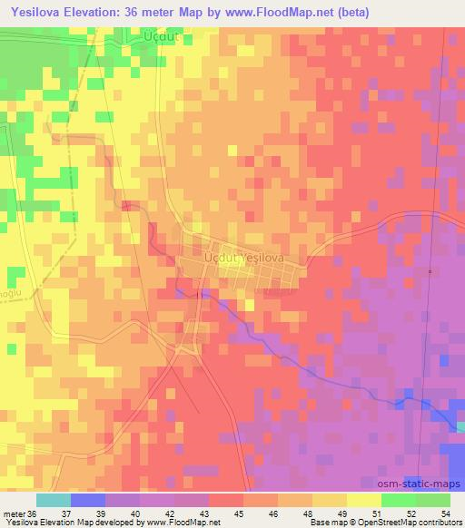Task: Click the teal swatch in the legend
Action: (54, 500)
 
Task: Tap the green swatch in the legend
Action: (416, 500)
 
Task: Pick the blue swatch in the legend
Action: (88, 500)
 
